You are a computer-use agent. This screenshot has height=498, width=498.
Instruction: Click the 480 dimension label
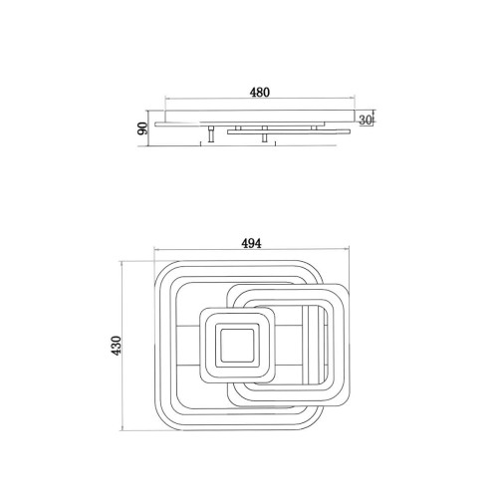click(260, 93)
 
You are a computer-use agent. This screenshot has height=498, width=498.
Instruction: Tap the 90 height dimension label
click(143, 128)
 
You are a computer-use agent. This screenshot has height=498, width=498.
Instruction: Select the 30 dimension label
click(366, 121)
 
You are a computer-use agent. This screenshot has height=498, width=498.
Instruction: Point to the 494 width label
click(251, 243)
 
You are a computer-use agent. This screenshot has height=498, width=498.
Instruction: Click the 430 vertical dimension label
click(117, 346)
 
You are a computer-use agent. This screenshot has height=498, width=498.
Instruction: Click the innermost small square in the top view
click(237, 346)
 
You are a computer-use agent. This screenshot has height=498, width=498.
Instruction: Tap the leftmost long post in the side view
click(211, 134)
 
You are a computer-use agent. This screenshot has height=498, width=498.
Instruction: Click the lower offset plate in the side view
click(289, 131)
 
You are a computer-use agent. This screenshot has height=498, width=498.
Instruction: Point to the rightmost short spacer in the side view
click(314, 127)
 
